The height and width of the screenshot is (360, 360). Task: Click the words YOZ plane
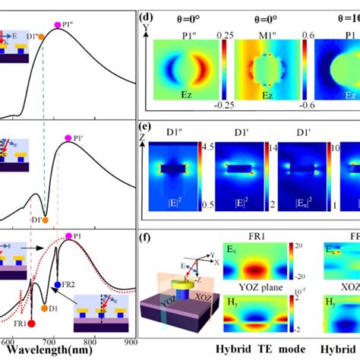pyautogui.click(x=248, y=298)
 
